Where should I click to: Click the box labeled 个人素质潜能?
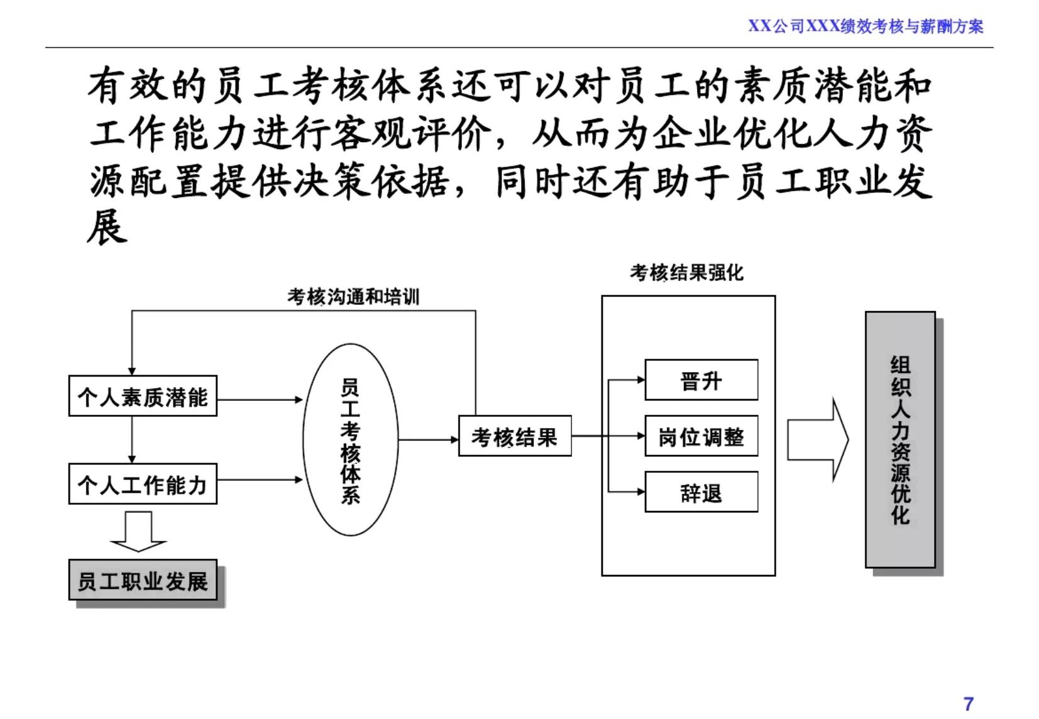(x=143, y=397)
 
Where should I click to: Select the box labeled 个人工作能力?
(x=143, y=484)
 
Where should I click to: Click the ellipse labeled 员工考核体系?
(x=351, y=440)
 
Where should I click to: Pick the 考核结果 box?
(x=515, y=436)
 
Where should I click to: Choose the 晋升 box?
(x=701, y=380)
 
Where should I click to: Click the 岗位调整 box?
(x=701, y=436)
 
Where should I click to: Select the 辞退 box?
(x=701, y=493)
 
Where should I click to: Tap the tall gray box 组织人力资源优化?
(x=900, y=440)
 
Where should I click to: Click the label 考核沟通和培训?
(x=353, y=297)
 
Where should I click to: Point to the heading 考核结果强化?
(x=686, y=273)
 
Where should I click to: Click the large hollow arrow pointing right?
(x=818, y=440)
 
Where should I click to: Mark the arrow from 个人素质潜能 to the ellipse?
(x=260, y=399)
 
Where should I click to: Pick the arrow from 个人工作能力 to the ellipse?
(x=260, y=480)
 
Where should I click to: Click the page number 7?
(x=969, y=703)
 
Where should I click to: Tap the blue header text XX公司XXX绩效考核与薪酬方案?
(x=865, y=26)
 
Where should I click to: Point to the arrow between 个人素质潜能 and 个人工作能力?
(x=132, y=440)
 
